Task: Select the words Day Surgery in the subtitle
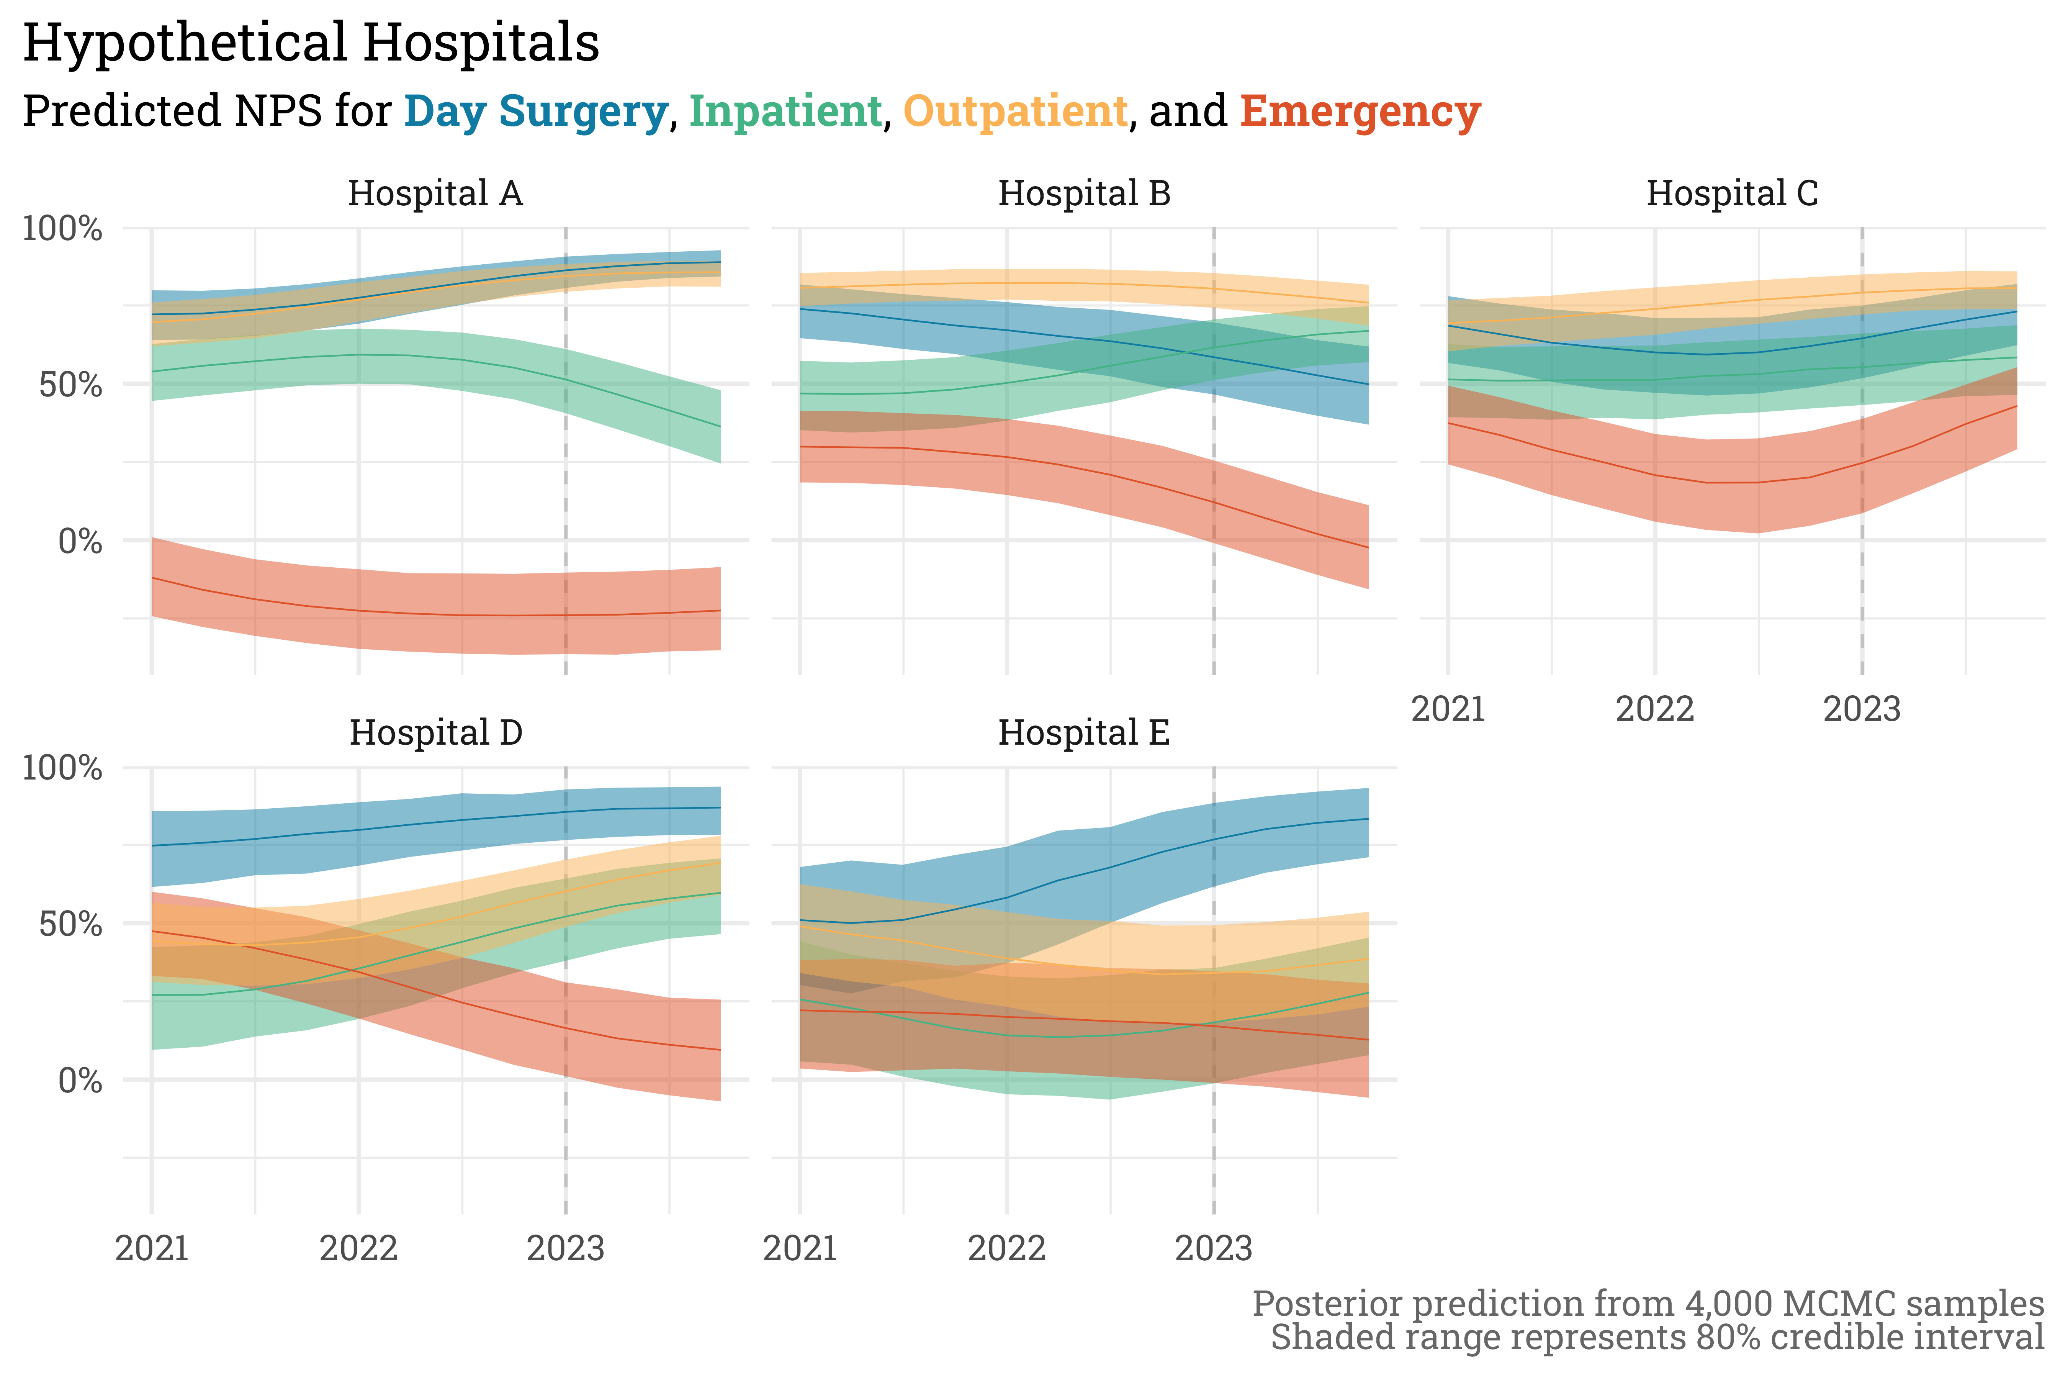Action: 535,112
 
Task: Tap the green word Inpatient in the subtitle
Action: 785,112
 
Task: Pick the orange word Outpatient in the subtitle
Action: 1016,112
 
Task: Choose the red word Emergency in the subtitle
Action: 1360,112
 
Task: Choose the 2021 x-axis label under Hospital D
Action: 152,1248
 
